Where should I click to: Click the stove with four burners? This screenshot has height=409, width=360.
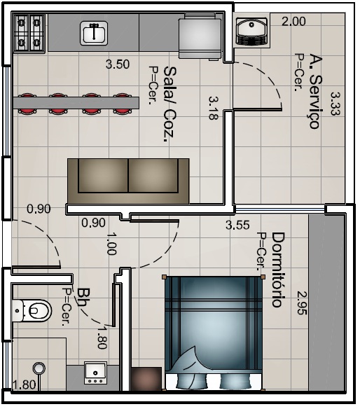pyautogui.click(x=29, y=33)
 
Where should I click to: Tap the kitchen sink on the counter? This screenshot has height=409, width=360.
pyautogui.click(x=94, y=33)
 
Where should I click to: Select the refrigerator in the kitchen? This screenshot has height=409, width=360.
pyautogui.click(x=200, y=36)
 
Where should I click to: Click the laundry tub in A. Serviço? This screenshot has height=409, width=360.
pyautogui.click(x=251, y=31)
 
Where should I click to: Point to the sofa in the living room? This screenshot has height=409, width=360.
pyautogui.click(x=128, y=181)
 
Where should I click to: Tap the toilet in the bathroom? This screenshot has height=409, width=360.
pyautogui.click(x=32, y=310)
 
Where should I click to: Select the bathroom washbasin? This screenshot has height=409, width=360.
pyautogui.click(x=95, y=373)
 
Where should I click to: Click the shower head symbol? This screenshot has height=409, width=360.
pyautogui.click(x=39, y=368)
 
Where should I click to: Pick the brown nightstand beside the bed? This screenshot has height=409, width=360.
pyautogui.click(x=146, y=379)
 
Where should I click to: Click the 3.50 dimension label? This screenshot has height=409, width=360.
pyautogui.click(x=118, y=64)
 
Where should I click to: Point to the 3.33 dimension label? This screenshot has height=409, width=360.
pyautogui.click(x=335, y=103)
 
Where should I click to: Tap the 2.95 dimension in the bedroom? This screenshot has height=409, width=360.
pyautogui.click(x=302, y=303)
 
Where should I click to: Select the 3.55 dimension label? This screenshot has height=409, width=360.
pyautogui.click(x=237, y=225)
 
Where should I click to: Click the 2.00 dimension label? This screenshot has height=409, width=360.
pyautogui.click(x=293, y=22)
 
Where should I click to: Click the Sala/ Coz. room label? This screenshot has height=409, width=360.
pyautogui.click(x=169, y=104)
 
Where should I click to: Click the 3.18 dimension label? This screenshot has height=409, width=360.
pyautogui.click(x=214, y=109)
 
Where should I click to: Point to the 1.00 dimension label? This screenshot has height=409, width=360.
pyautogui.click(x=111, y=244)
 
